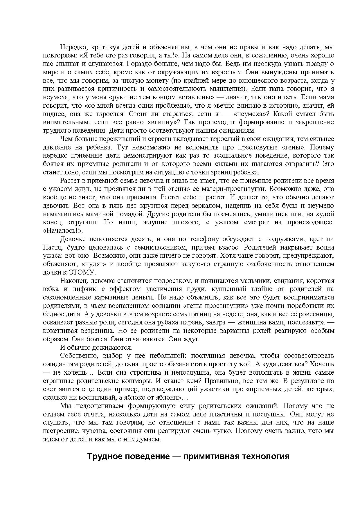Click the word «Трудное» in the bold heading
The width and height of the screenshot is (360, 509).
[x=104, y=456]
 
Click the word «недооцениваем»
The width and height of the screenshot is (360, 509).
[x=97, y=406]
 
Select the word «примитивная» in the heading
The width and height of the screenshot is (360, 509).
[x=204, y=456]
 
